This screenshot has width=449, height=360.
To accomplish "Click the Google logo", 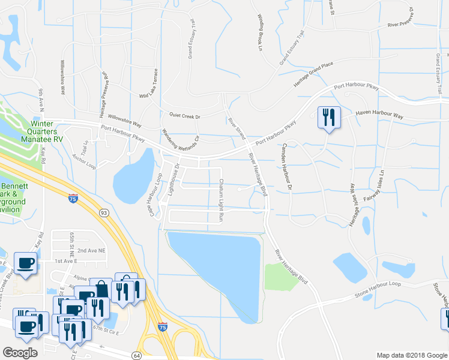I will (20, 352).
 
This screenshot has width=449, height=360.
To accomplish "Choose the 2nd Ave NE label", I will (90, 250).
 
